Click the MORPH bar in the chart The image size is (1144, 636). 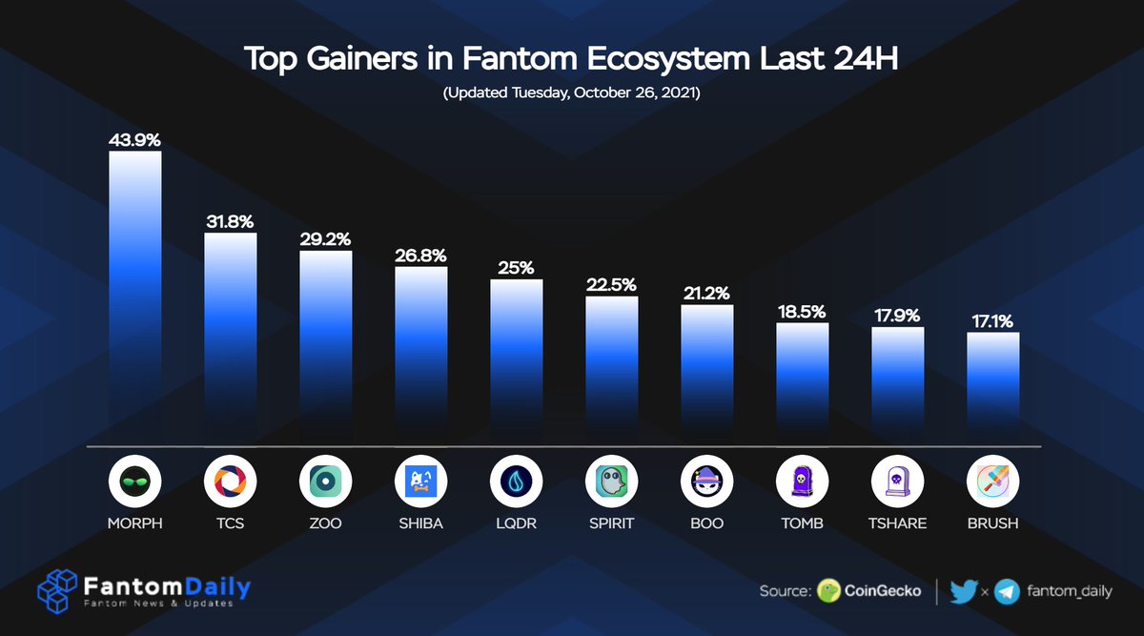point(134,296)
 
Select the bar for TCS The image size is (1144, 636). point(230,339)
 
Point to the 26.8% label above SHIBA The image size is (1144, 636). point(420,256)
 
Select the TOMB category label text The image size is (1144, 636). point(802,523)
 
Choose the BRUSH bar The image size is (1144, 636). point(992,386)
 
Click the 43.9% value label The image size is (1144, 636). point(134,140)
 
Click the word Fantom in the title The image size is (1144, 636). point(504,59)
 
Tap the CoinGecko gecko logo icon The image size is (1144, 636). point(828,591)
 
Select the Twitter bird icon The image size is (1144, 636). point(964,591)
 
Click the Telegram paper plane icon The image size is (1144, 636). point(1007,591)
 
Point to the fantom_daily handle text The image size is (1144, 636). point(1069,591)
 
